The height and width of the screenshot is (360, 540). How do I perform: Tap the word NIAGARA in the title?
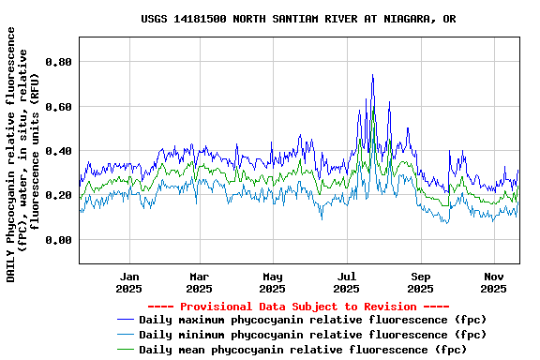point(402,19)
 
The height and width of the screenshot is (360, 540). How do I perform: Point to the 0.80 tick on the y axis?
point(59,62)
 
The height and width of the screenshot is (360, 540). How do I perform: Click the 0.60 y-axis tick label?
point(59,107)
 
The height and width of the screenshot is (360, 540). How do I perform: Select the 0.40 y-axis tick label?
point(59,151)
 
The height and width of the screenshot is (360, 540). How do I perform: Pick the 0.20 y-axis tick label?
point(59,195)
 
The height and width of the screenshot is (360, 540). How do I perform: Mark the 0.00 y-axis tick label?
point(59,240)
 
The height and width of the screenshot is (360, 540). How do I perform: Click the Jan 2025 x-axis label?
point(129,282)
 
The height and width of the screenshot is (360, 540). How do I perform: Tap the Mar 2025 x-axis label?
point(200,282)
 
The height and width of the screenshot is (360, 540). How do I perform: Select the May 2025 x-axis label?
point(273,282)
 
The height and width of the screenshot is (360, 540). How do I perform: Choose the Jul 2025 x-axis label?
point(346,282)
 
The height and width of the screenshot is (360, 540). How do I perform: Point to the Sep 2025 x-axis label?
point(420,282)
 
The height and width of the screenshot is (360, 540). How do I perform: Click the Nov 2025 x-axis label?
point(493,282)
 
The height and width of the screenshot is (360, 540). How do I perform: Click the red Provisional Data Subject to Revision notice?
point(299,307)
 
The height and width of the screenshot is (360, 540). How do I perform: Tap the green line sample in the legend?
point(125,349)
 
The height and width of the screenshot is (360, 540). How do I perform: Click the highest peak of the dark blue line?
point(372,75)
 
